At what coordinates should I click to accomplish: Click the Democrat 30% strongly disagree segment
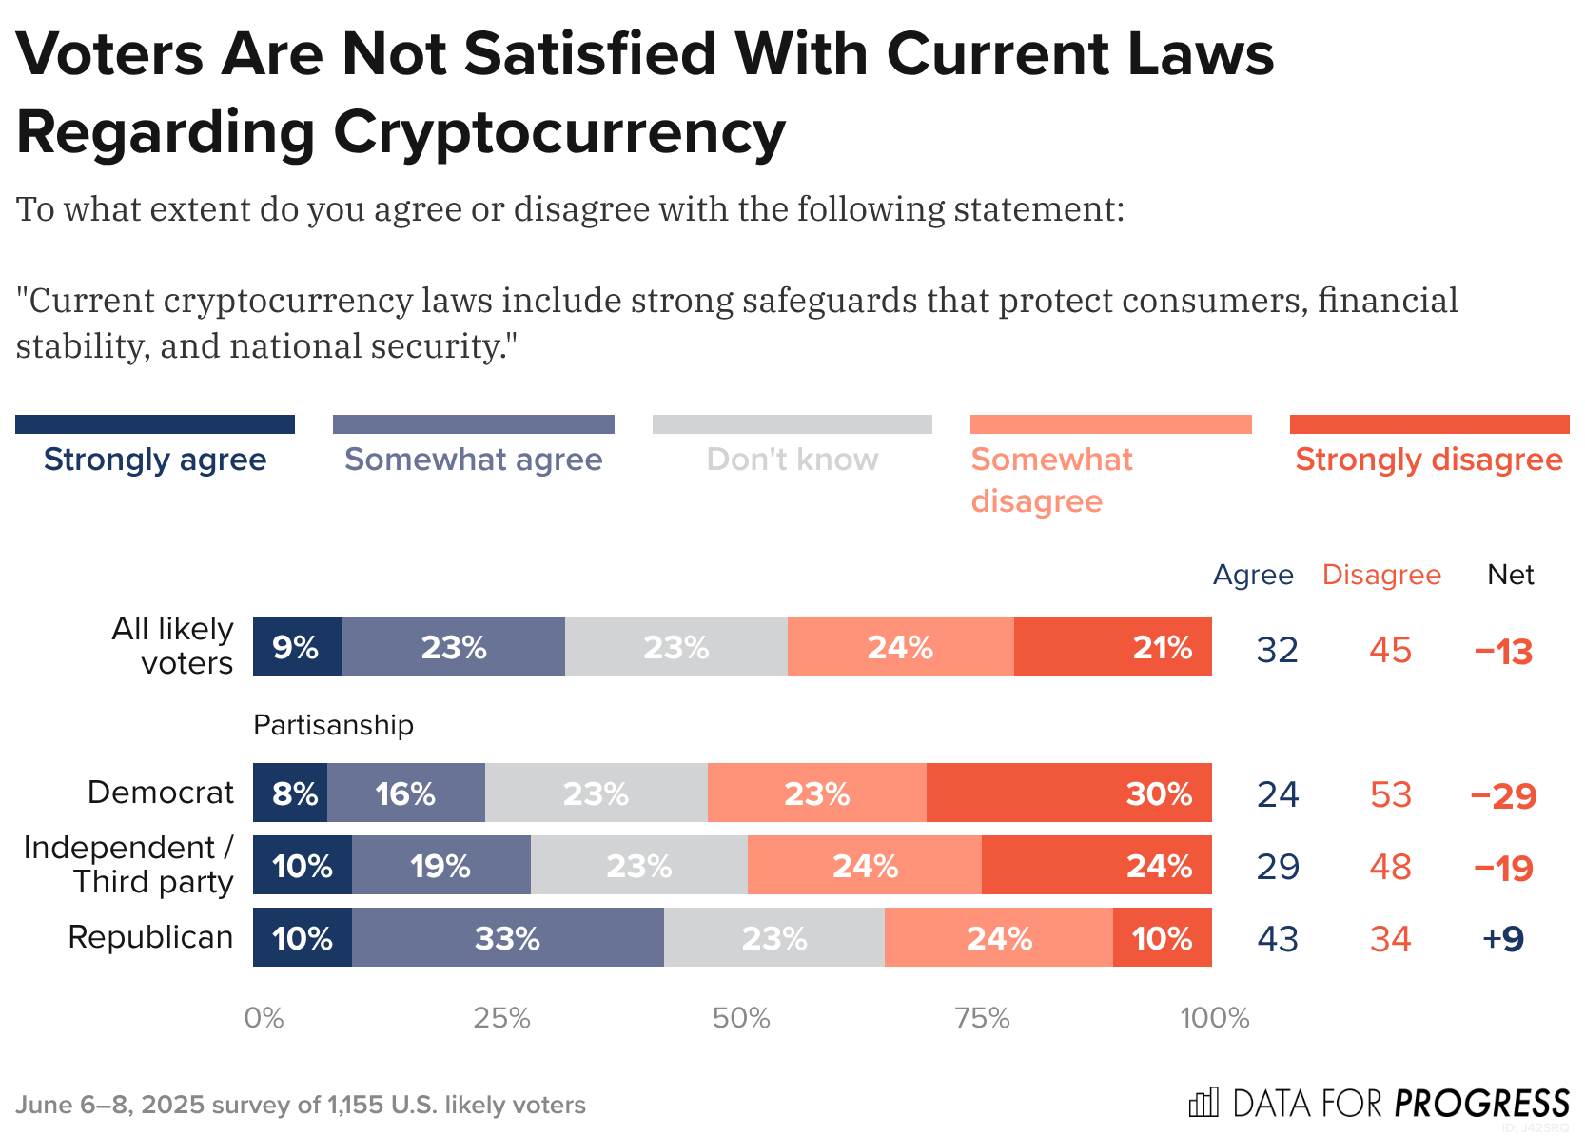[1068, 793]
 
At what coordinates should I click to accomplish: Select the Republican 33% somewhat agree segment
[507, 938]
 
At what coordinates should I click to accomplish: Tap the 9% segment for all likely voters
[297, 647]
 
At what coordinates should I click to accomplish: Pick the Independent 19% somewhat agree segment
[440, 866]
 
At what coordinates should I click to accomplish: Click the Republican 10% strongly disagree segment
[1162, 938]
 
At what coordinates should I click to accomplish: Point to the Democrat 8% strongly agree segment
[290, 793]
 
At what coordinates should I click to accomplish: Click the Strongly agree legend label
[155, 460]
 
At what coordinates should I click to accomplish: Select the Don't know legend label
[792, 460]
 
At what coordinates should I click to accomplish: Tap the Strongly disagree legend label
[1428, 460]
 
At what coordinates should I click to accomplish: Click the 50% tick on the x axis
[740, 1019]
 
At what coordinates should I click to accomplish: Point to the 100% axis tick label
[1214, 1019]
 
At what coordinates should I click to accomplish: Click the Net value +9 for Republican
[1503, 939]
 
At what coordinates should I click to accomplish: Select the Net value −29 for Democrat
[1503, 794]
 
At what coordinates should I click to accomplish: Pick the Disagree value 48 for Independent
[1390, 867]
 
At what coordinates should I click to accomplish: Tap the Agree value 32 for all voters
[1277, 650]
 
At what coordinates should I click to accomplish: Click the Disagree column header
[1381, 575]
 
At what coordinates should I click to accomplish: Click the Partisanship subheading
[333, 725]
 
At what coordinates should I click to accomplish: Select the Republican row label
[150, 937]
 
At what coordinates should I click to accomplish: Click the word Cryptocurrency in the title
[559, 132]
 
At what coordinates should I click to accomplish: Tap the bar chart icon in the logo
[1203, 1103]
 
